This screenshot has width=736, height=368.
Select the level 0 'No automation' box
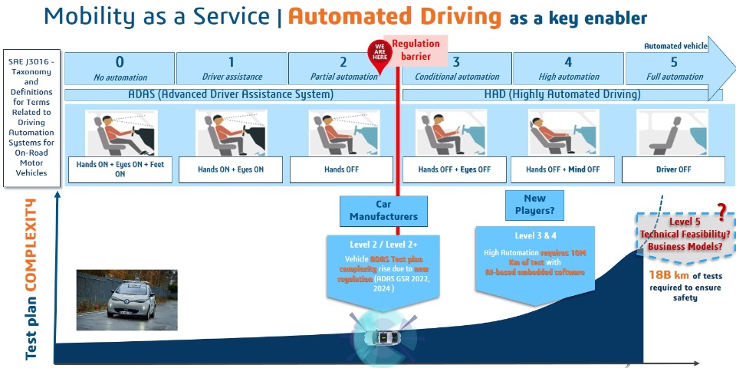[x=119, y=68]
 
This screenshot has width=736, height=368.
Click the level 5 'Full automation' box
[x=674, y=68]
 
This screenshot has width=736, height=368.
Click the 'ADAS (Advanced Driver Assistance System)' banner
[x=231, y=94]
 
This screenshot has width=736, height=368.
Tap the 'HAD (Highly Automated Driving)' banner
[x=563, y=94]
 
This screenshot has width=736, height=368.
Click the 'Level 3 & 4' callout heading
[x=535, y=235]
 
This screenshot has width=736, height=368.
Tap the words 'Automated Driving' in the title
[x=394, y=17]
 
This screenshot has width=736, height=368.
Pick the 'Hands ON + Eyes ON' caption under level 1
[x=231, y=169]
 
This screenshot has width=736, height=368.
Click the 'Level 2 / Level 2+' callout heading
[x=383, y=245]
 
